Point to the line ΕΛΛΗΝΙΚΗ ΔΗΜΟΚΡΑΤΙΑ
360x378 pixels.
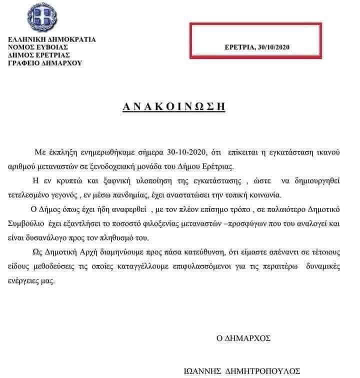pyautogui.click(x=51, y=39)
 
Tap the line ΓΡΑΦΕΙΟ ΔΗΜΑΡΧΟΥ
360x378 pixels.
pyautogui.click(x=45, y=63)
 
